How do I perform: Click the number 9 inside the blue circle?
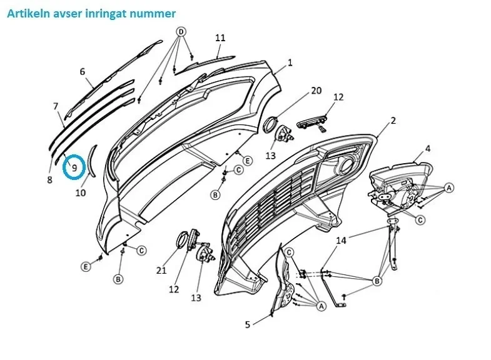click(x=74, y=168)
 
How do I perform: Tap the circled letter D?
click(x=181, y=32)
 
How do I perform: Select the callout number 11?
click(x=220, y=37)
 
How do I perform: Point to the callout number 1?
click(x=290, y=62)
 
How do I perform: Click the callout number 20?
click(x=316, y=91)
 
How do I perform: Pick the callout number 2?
click(x=393, y=121)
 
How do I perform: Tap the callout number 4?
click(x=428, y=149)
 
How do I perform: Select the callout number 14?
click(x=341, y=241)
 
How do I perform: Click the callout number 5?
click(x=248, y=324)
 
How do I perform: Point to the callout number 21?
click(x=161, y=270)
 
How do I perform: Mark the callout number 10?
click(x=81, y=192)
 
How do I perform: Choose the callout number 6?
click(x=82, y=72)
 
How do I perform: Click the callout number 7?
click(x=56, y=106)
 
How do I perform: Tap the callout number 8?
click(x=49, y=180)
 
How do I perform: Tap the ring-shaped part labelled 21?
click(x=182, y=240)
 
